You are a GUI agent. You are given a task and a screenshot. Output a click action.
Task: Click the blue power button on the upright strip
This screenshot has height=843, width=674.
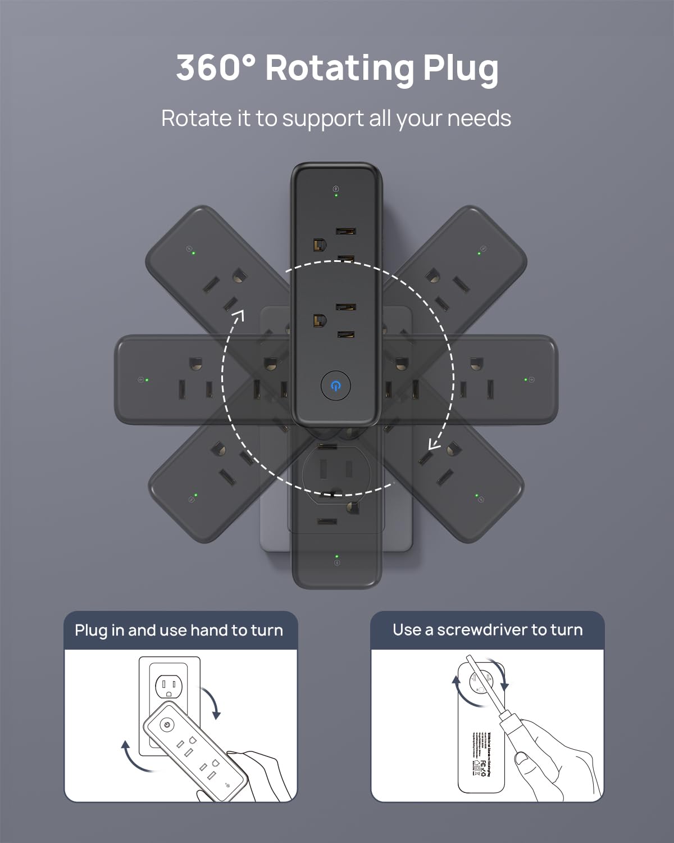[x=336, y=386]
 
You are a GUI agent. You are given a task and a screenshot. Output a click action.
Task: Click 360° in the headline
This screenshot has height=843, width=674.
[x=216, y=68]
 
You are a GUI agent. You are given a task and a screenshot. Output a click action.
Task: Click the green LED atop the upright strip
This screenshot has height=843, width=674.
[x=336, y=196]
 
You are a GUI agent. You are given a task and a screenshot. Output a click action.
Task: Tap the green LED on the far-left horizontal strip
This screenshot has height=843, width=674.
[x=147, y=380]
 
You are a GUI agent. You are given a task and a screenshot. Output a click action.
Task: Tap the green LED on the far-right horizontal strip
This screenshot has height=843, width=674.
[x=526, y=380]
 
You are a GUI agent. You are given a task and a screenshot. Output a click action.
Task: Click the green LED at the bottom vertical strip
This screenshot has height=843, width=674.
[x=336, y=557]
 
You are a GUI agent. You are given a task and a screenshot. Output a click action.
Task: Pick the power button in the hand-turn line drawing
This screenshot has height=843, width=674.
[x=167, y=724]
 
